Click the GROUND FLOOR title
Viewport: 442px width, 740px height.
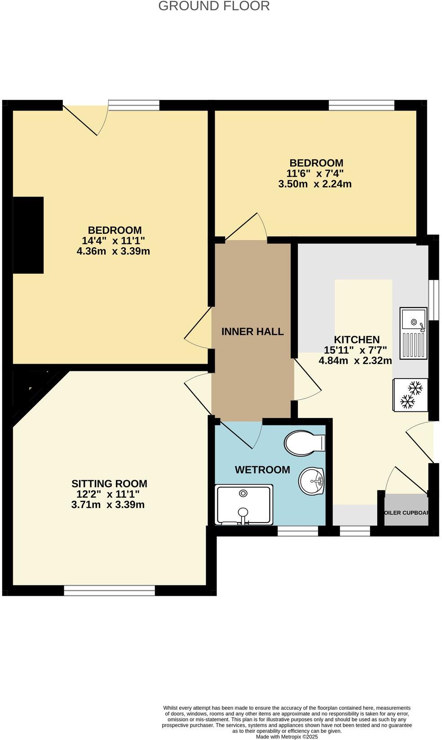pos(214,6)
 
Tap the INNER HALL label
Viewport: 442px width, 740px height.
pos(252,332)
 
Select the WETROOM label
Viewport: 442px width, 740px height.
pos(262,470)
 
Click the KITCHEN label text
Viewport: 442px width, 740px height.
pos(357,340)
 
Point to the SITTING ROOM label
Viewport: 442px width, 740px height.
pos(109,484)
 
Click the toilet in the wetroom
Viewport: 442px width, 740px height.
pos(304,443)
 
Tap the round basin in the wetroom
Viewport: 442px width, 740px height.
pos(311,480)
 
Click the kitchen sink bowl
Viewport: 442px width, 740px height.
pos(414,321)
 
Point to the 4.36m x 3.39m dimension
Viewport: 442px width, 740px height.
pos(113,251)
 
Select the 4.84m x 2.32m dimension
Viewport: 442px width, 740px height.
pos(355,361)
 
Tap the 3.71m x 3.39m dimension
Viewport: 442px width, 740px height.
pos(108,505)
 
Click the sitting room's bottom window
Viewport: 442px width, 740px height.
pos(109,590)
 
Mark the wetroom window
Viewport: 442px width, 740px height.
pos(298,531)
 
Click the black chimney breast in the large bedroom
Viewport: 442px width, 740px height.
pos(28,235)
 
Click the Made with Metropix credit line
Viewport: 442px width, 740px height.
pos(287,736)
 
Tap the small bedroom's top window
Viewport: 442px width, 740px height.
pos(361,105)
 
